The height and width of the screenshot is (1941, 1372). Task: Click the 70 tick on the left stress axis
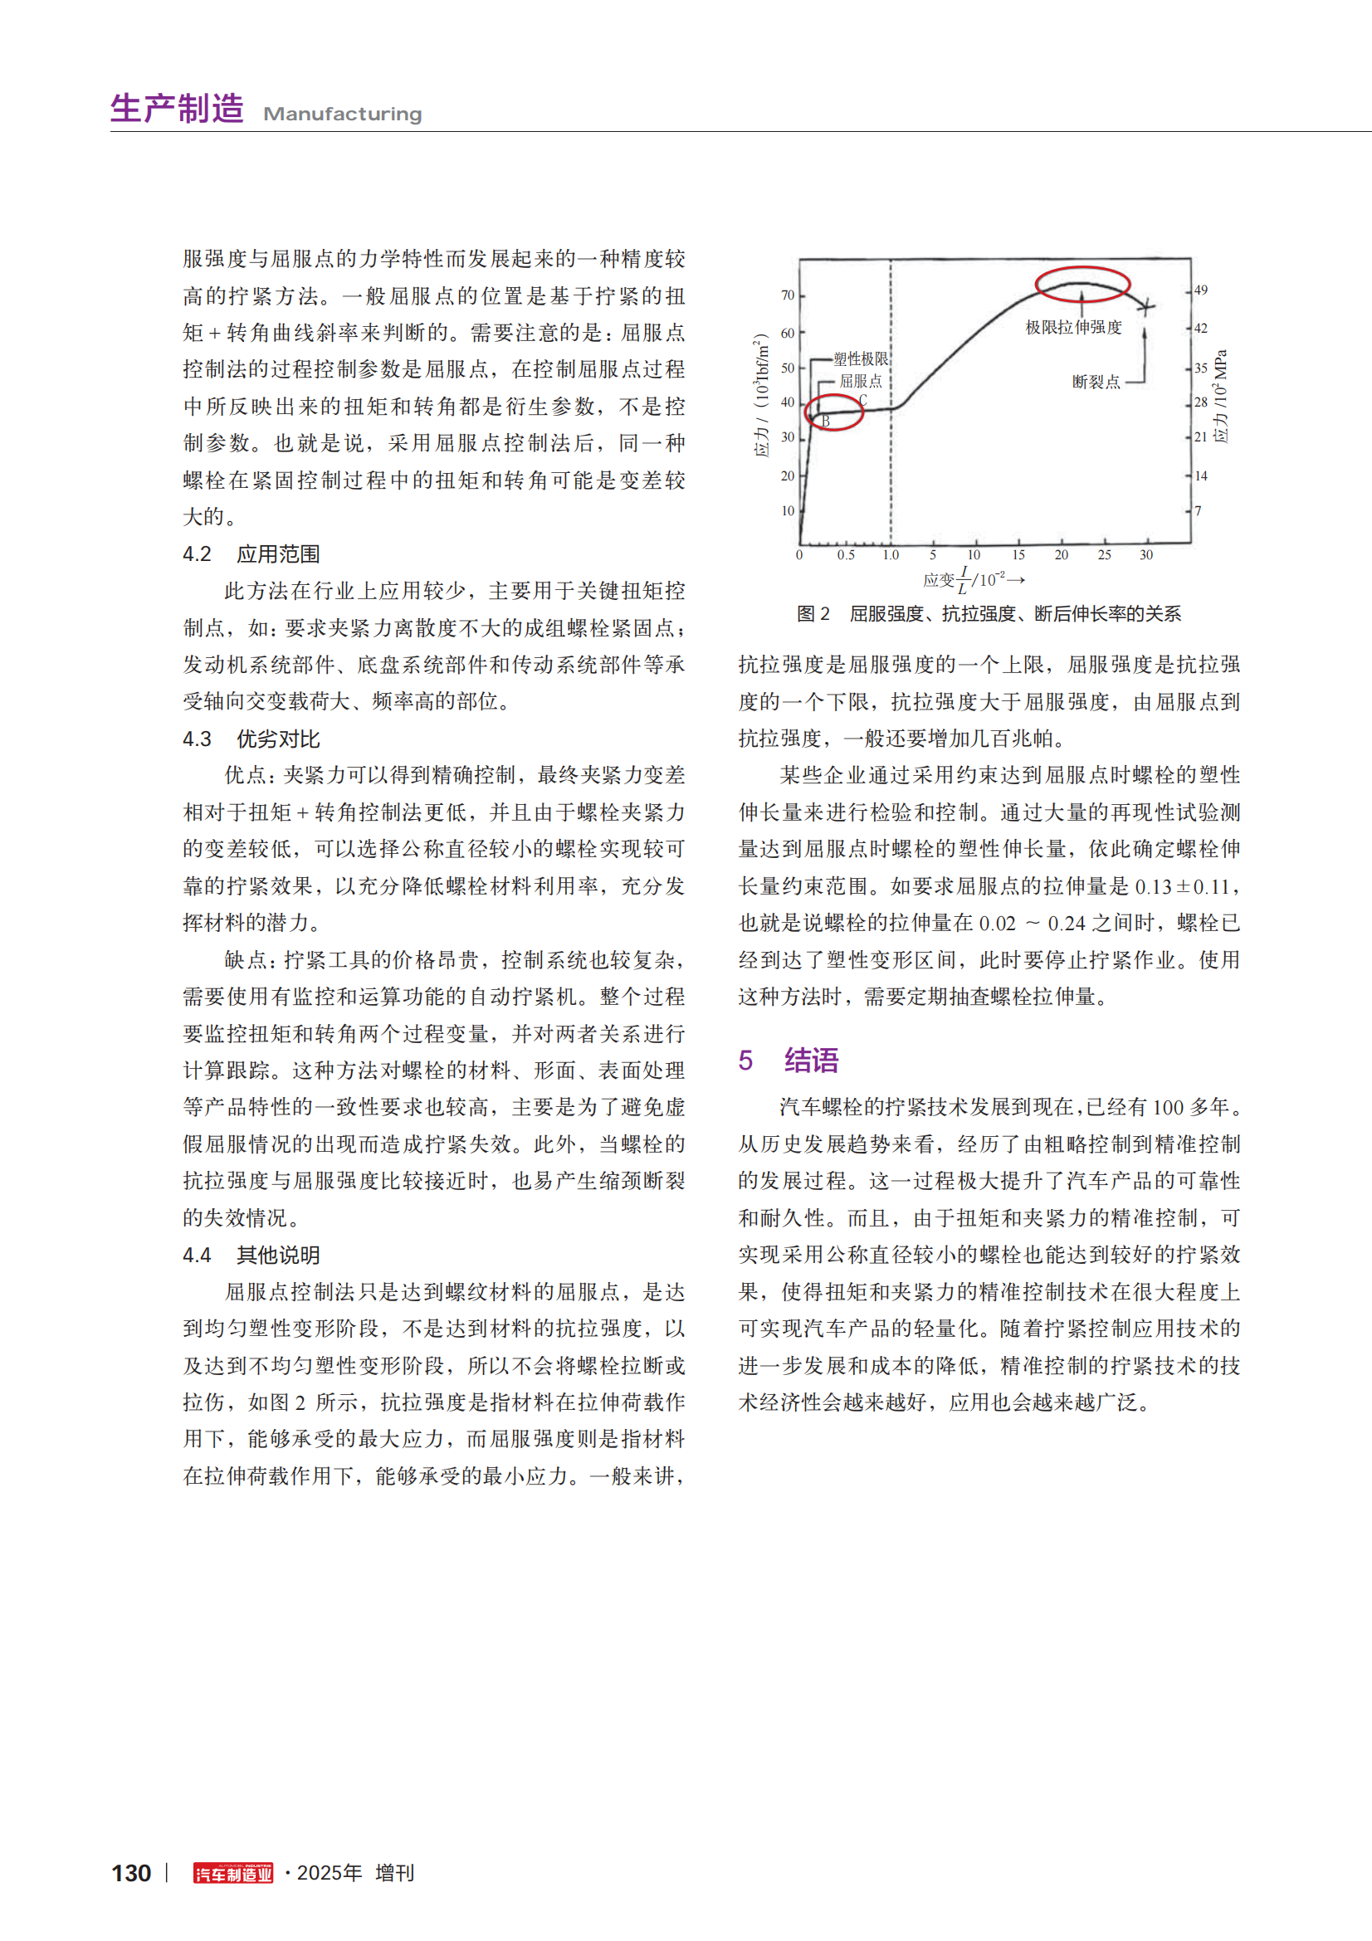tap(788, 295)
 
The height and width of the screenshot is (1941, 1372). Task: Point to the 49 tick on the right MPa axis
tap(1200, 290)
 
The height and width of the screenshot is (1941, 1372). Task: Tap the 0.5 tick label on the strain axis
tap(845, 555)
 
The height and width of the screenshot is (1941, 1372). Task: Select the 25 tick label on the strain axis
tap(1104, 555)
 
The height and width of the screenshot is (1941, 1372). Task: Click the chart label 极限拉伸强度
tap(1072, 327)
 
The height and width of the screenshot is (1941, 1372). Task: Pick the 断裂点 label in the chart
tap(1096, 382)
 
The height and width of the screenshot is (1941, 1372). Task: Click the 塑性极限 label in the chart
tap(861, 359)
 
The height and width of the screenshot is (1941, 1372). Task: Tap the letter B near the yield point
tap(826, 421)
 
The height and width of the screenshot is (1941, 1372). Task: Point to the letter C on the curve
tap(862, 400)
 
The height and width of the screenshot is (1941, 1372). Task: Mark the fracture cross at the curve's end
tap(1145, 306)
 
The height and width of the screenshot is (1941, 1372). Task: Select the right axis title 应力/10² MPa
tap(1220, 396)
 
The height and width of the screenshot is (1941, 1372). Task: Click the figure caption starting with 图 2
tap(989, 614)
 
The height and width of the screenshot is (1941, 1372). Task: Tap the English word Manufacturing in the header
tap(342, 115)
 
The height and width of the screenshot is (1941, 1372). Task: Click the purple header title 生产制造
tap(177, 109)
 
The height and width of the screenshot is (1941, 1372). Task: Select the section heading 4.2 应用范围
tap(251, 554)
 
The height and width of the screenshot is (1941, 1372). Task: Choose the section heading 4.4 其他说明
tap(251, 1256)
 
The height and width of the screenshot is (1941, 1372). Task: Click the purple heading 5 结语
tap(788, 1060)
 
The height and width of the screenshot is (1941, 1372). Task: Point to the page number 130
tap(131, 1874)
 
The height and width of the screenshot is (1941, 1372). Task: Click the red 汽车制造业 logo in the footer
tap(233, 1874)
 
